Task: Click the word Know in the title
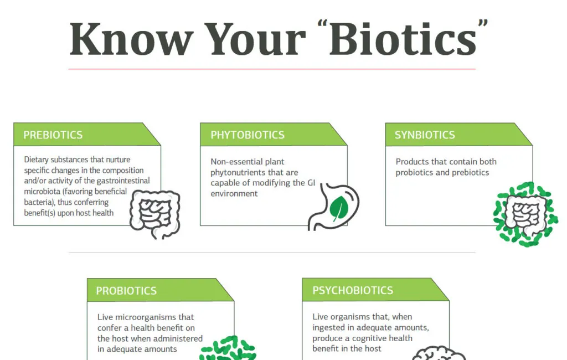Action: click(x=132, y=39)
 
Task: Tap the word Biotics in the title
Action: click(x=403, y=38)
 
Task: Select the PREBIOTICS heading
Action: click(x=53, y=135)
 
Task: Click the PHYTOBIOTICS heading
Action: click(x=248, y=135)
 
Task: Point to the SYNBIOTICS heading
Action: click(x=425, y=135)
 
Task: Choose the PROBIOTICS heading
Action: click(x=126, y=291)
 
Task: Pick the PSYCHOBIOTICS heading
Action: click(x=353, y=290)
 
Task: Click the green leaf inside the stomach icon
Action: click(x=339, y=208)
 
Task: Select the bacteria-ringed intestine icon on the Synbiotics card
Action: click(x=526, y=214)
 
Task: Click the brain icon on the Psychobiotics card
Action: click(x=439, y=353)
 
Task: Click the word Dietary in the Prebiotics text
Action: click(x=36, y=160)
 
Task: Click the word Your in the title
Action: click(x=255, y=39)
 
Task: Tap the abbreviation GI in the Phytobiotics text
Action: click(x=311, y=183)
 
